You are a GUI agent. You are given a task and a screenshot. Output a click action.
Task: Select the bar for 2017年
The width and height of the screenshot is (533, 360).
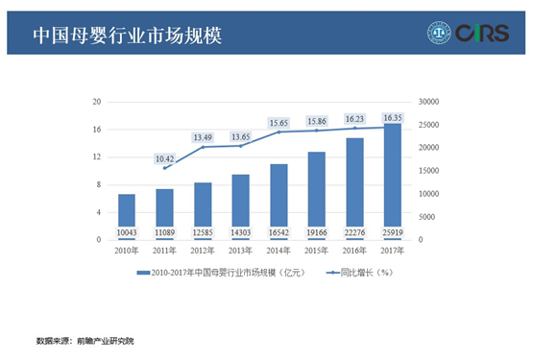392,178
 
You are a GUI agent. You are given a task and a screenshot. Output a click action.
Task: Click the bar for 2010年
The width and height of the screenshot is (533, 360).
127,211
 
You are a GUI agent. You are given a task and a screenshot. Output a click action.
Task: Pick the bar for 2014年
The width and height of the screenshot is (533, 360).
279,197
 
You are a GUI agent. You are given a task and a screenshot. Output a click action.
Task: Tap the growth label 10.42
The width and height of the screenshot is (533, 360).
164,157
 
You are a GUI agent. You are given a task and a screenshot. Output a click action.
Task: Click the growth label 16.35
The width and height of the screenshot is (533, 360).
393,117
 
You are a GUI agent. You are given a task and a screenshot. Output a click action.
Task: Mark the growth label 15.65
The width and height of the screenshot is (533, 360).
279,123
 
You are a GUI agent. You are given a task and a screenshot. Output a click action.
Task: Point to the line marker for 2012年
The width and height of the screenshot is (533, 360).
203,147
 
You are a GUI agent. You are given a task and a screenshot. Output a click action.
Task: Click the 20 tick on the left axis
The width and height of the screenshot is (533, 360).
97,102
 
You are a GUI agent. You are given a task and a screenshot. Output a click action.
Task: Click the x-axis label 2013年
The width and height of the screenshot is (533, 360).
240,251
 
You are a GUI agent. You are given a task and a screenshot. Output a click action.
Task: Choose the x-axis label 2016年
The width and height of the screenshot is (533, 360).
354,251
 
